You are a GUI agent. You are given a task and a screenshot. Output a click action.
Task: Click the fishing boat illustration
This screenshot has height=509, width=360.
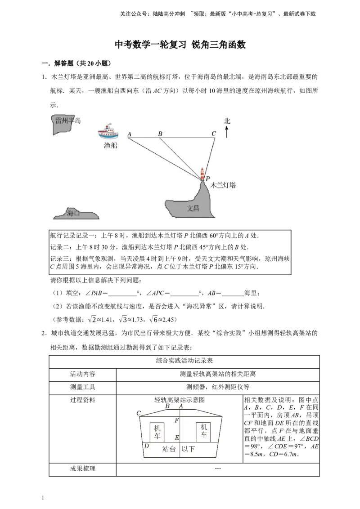click(108, 131)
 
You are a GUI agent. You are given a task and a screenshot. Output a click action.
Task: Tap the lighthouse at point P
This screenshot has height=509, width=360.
click(202, 174)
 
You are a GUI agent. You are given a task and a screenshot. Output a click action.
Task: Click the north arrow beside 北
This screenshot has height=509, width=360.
click(227, 132)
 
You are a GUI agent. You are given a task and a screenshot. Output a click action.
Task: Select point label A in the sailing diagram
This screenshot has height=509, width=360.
click(129, 134)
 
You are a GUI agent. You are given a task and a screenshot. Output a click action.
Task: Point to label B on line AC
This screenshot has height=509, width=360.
click(160, 134)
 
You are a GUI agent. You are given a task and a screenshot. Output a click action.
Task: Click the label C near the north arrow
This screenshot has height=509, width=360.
click(213, 134)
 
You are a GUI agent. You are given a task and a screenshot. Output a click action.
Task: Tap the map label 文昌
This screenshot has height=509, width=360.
click(193, 208)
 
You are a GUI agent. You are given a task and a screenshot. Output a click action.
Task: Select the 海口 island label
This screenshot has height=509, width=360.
click(73, 213)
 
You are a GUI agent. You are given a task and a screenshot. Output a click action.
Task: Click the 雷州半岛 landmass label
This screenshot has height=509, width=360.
click(68, 121)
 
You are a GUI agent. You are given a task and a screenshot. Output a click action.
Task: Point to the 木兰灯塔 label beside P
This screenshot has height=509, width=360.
click(223, 185)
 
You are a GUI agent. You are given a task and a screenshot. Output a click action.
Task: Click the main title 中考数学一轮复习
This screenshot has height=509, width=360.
click(151, 45)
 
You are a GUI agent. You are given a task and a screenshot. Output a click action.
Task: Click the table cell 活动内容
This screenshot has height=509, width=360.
click(82, 374)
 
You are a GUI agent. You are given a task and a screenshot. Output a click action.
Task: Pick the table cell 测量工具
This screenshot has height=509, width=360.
click(82, 387)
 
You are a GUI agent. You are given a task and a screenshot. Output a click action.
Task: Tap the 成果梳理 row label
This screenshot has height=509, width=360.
click(82, 469)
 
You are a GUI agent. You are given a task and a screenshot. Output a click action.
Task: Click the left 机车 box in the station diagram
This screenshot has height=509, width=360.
click(157, 432)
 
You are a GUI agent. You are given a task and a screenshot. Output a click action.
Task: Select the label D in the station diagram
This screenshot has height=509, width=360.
click(147, 446)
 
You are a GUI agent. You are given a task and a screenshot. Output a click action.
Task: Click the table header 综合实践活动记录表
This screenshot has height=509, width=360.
click(184, 361)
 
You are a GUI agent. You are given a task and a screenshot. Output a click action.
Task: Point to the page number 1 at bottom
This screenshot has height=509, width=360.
click(43, 498)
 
